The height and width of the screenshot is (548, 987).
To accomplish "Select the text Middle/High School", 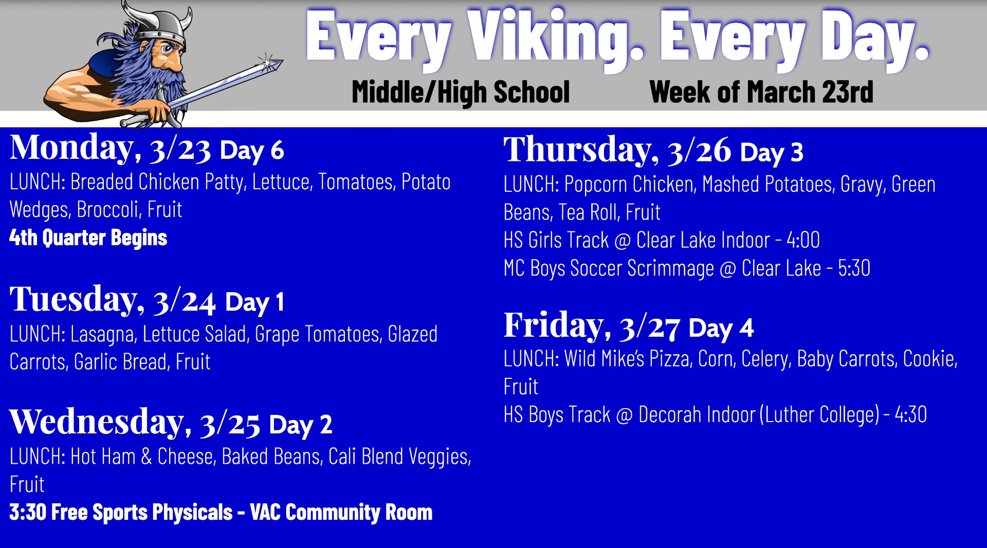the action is click(x=461, y=92).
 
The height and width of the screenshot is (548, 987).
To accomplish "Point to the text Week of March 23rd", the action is click(x=761, y=92).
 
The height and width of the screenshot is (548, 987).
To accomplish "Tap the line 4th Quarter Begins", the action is click(x=88, y=238).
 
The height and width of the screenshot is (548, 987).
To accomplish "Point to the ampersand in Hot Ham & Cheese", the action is click(x=147, y=456).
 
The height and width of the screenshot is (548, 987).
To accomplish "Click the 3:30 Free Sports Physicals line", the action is click(x=221, y=512).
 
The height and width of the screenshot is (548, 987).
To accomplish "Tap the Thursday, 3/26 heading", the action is click(x=617, y=150).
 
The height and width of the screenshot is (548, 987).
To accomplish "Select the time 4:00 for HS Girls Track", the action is click(x=803, y=240).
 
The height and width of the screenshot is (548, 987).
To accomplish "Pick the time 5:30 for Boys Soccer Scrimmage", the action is click(x=854, y=268).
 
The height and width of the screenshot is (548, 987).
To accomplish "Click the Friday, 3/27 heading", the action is click(x=592, y=326).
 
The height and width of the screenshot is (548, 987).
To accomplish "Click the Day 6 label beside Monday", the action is click(x=252, y=151).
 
